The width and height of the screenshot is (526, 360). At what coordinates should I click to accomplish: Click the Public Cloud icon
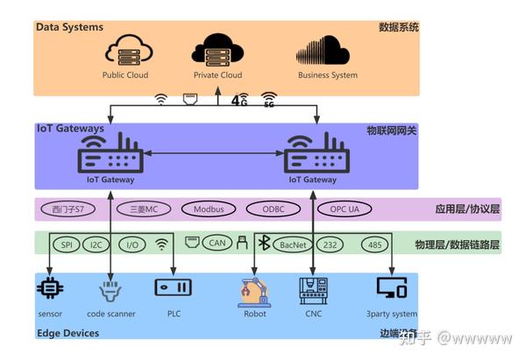pyautogui.click(x=125, y=51)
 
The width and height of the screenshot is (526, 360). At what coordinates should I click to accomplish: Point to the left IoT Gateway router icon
pyautogui.click(x=111, y=155)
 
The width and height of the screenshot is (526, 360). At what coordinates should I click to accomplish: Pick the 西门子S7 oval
pyautogui.click(x=68, y=209)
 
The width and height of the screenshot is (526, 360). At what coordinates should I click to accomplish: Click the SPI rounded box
pyautogui.click(x=67, y=244)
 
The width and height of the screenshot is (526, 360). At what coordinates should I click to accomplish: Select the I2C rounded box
pyautogui.click(x=96, y=244)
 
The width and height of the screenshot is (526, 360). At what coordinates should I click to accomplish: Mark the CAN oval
pyautogui.click(x=217, y=244)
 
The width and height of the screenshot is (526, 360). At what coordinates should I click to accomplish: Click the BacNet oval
pyautogui.click(x=291, y=244)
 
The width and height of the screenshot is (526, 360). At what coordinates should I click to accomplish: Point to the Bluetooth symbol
pyautogui.click(x=261, y=243)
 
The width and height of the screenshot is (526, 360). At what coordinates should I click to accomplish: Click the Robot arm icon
pyautogui.click(x=255, y=289)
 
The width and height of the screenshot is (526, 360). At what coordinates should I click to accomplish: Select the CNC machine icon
pyautogui.click(x=314, y=289)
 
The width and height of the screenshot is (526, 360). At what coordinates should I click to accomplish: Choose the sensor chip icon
pyautogui.click(x=51, y=287)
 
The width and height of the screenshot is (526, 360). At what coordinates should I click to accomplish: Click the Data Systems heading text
pyautogui.click(x=71, y=27)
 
